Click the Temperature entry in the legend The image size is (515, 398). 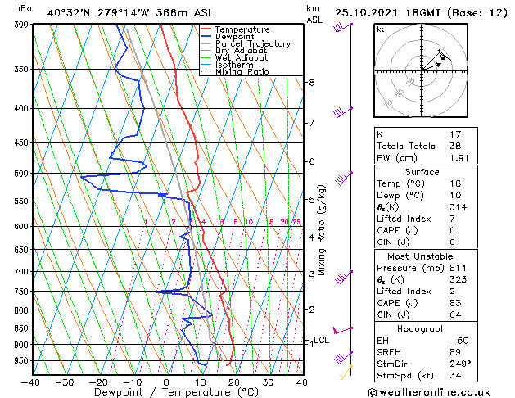[x=242, y=29]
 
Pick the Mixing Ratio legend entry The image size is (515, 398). [x=242, y=72]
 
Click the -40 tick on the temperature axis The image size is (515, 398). [x=31, y=382]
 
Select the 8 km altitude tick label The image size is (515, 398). [x=312, y=83]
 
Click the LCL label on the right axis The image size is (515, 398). [x=321, y=340]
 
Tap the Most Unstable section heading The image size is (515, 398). [x=421, y=256]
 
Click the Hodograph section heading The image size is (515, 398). [x=421, y=328]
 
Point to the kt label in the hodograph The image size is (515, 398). [x=381, y=29]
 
